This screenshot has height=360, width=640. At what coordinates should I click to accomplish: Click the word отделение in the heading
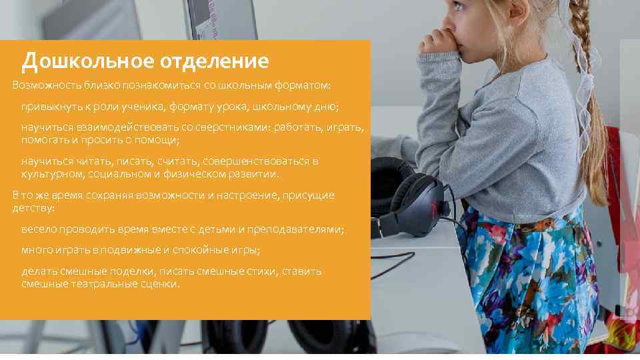coord(214,62)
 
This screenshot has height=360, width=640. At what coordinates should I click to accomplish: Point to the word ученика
coord(142,107)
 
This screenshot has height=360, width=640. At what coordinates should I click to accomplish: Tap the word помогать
coord(45,140)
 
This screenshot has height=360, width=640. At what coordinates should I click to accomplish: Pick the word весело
coord(39,229)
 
